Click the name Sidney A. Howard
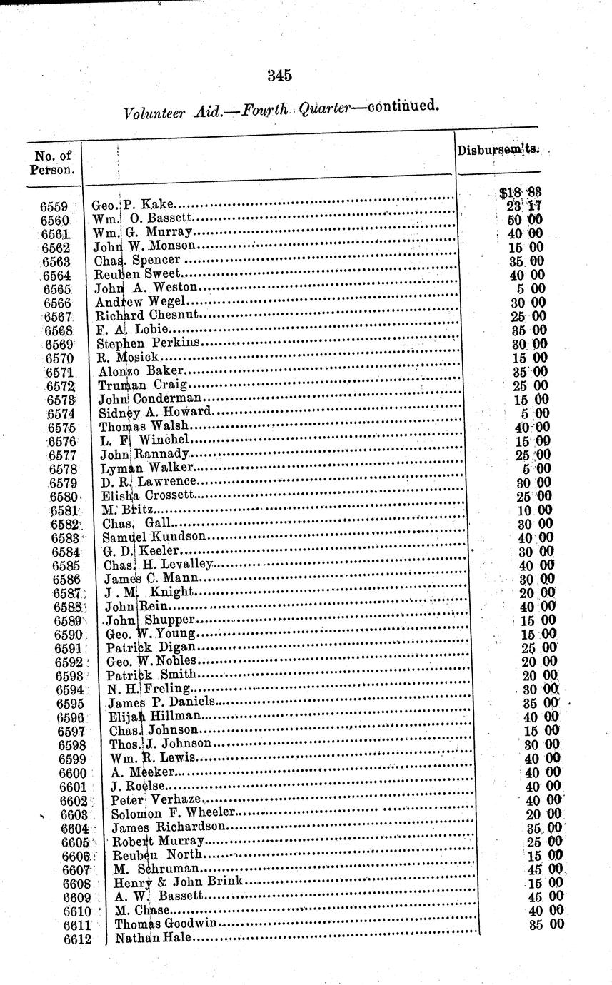click(155, 413)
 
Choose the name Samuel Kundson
click(154, 536)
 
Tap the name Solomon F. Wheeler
click(173, 812)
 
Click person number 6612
click(77, 939)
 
